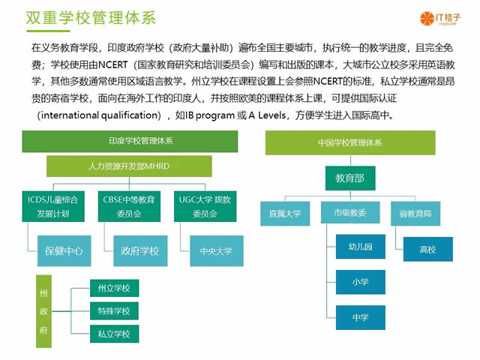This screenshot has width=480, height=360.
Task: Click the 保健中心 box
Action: tap(64, 250)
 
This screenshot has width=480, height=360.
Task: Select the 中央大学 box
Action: tap(216, 250)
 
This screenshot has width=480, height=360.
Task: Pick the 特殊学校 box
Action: tap(114, 310)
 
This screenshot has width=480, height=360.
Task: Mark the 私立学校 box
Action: tap(114, 333)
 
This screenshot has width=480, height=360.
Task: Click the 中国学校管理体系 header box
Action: tap(350, 142)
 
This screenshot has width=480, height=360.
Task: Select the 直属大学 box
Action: tap(285, 214)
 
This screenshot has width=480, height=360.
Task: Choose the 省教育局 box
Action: tap(415, 214)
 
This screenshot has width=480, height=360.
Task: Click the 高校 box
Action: tap(427, 249)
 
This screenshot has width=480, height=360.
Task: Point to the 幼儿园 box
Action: tap(361, 246)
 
